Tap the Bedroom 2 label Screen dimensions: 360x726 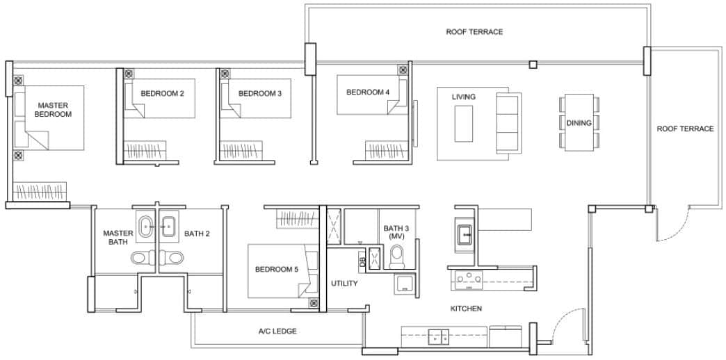(162, 93)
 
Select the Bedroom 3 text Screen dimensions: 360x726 (259, 93)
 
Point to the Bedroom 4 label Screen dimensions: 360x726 (367, 92)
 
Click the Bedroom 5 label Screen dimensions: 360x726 (276, 270)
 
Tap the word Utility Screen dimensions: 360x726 (345, 284)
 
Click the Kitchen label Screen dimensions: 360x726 (466, 309)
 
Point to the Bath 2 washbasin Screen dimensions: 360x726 (169, 224)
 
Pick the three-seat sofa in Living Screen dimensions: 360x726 (507, 123)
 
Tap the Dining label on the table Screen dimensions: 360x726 (579, 123)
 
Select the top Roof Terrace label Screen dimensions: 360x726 (474, 32)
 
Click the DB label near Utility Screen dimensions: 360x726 (362, 261)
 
